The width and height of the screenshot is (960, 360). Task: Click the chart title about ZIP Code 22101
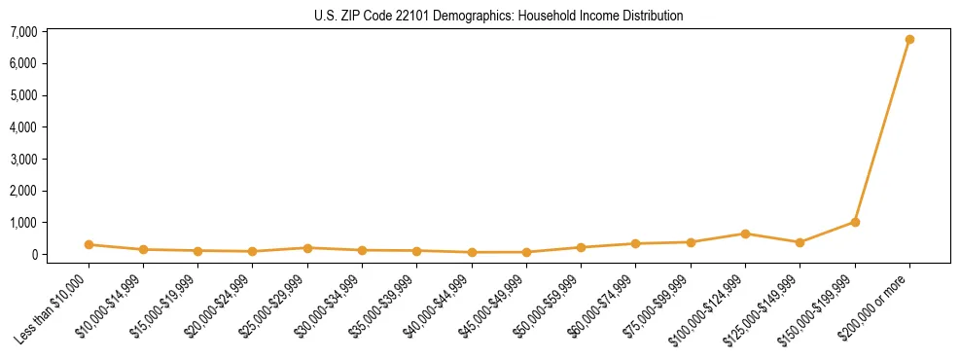pyautogui.click(x=499, y=16)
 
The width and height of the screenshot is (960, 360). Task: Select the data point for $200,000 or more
pyautogui.click(x=909, y=40)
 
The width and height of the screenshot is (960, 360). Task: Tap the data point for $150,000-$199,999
pyautogui.click(x=855, y=222)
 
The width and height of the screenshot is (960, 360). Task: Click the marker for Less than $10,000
pyautogui.click(x=89, y=244)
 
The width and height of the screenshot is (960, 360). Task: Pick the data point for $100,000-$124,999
pyautogui.click(x=745, y=234)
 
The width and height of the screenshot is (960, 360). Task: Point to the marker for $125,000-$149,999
pyautogui.click(x=800, y=242)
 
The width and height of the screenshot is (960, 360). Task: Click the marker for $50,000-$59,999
pyautogui.click(x=581, y=247)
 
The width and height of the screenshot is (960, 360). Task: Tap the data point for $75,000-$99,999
pyautogui.click(x=691, y=242)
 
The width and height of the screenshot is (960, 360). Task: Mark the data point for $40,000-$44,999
pyautogui.click(x=472, y=252)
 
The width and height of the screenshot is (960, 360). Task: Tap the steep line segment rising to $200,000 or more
pyautogui.click(x=882, y=131)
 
